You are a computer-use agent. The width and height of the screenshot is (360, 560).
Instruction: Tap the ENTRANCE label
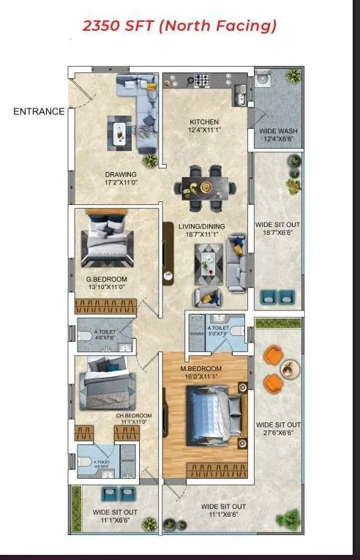click(x=37, y=112)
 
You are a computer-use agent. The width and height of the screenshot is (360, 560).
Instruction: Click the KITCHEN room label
click(x=204, y=122)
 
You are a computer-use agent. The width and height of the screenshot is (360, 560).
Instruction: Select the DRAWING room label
click(x=121, y=174)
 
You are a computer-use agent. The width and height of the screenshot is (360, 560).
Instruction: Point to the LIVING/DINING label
click(x=201, y=227)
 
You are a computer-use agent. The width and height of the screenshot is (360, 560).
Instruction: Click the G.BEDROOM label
click(x=108, y=280)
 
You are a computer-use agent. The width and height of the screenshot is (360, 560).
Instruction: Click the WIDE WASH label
click(x=278, y=132)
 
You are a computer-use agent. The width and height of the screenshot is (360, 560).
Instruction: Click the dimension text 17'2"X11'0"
click(x=121, y=184)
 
